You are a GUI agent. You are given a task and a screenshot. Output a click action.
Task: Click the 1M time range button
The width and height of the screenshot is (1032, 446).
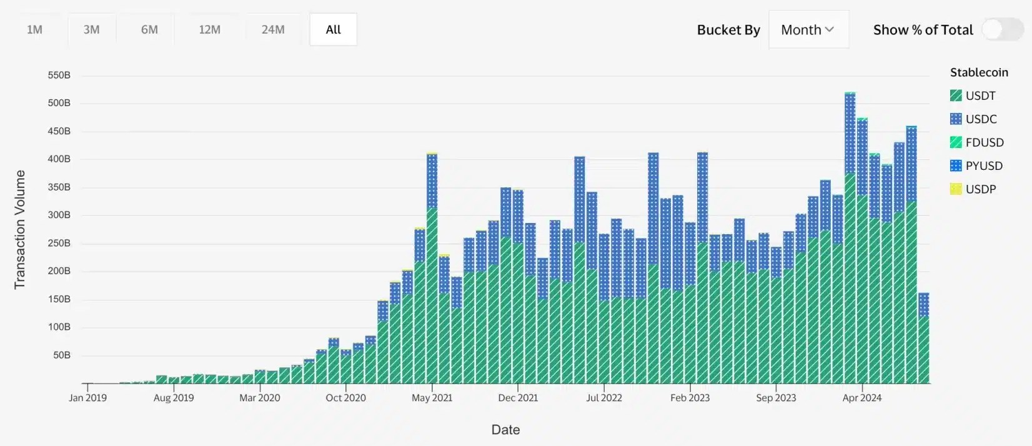(x=34, y=29)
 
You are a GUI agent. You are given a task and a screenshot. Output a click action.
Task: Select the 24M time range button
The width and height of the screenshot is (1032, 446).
(x=273, y=29)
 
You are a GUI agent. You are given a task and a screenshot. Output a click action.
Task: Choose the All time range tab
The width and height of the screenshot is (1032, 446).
(x=333, y=29)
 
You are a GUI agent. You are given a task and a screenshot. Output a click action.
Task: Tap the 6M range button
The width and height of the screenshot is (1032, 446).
(x=149, y=29)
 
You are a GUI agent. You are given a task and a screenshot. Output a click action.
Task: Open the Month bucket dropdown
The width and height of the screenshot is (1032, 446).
(x=808, y=29)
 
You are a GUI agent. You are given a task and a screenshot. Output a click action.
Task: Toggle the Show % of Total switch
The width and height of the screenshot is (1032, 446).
(x=1002, y=29)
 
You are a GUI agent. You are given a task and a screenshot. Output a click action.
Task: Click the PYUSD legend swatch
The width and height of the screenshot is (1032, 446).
(x=956, y=166)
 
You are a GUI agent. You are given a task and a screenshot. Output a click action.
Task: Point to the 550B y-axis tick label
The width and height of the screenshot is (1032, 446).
(x=59, y=76)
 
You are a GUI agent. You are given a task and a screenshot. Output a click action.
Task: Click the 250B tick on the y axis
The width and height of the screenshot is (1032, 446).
(x=59, y=243)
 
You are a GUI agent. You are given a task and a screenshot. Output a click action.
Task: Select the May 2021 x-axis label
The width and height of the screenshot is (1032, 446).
(x=432, y=398)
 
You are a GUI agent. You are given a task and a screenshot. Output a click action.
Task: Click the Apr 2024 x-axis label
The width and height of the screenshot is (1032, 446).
(x=861, y=398)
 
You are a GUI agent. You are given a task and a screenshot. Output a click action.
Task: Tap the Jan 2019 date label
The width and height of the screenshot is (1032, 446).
(x=87, y=398)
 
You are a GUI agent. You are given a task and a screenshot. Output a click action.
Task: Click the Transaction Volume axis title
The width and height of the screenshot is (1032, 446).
(x=20, y=229)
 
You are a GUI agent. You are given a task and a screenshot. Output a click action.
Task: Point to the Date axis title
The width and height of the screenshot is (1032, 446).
(x=505, y=430)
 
